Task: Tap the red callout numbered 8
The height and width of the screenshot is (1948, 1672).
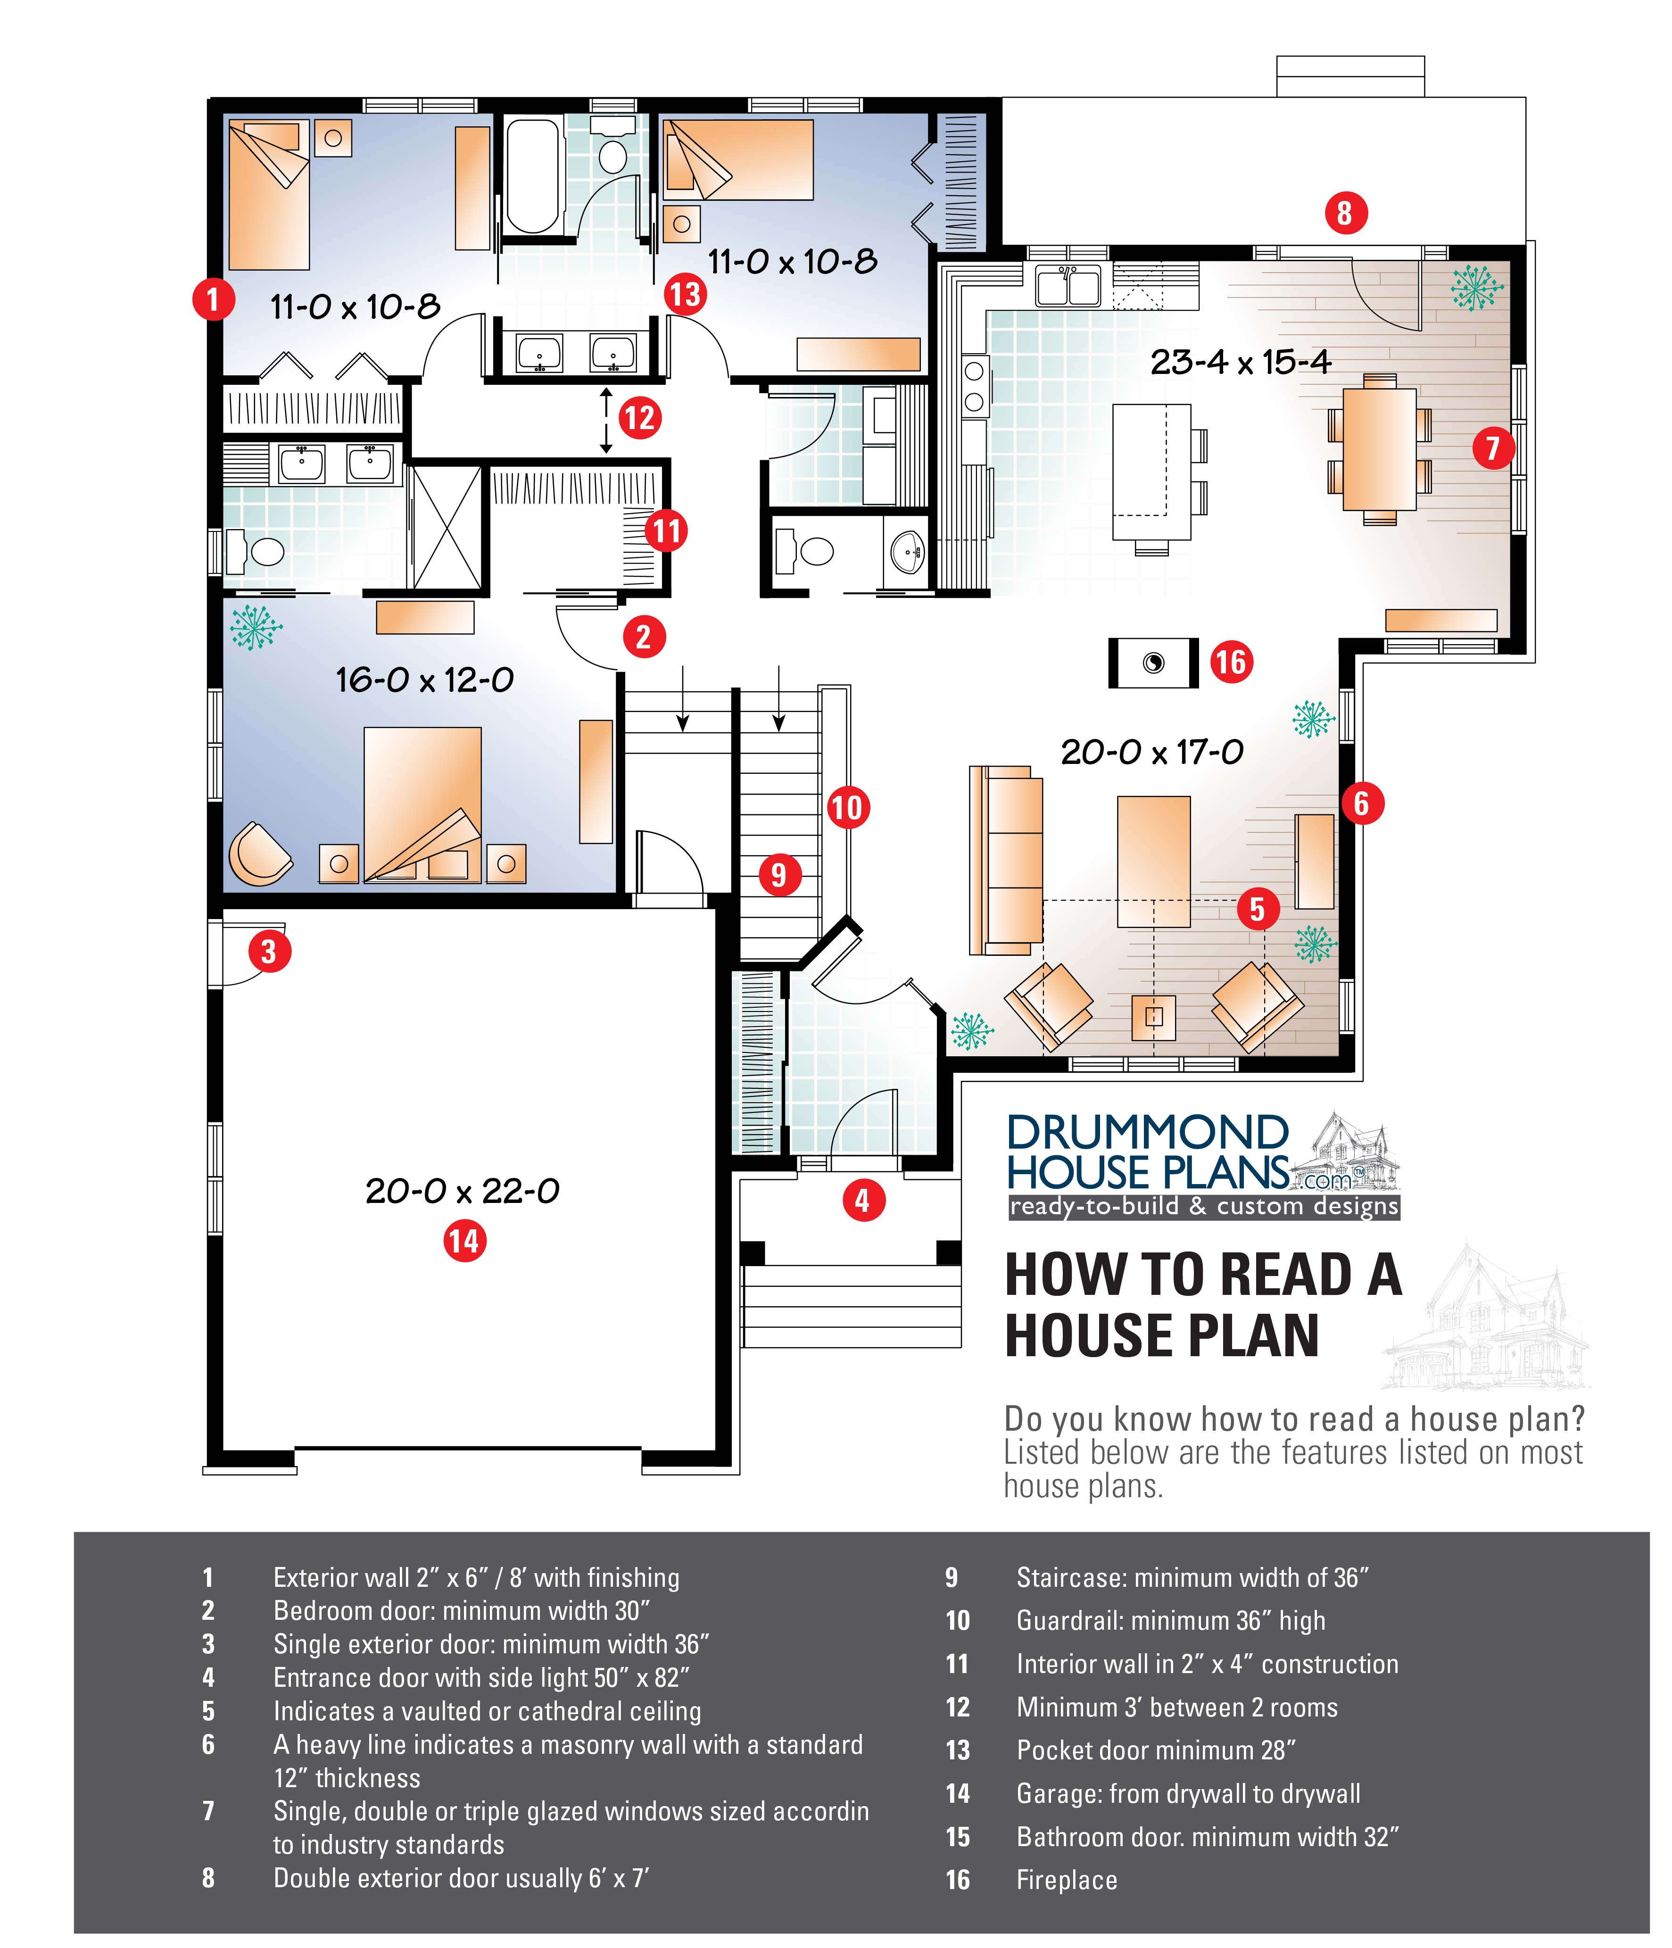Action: point(1345,214)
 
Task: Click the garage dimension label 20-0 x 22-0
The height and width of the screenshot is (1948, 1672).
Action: point(463,1191)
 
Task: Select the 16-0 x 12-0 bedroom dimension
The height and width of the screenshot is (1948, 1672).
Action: point(425,680)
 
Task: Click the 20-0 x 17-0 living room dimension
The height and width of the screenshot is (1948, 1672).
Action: point(1152,752)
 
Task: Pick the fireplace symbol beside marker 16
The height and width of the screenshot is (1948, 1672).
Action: point(1153,663)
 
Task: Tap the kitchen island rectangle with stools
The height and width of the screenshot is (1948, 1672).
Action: point(1152,472)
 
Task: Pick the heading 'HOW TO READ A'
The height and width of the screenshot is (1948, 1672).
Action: point(1203,1276)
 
